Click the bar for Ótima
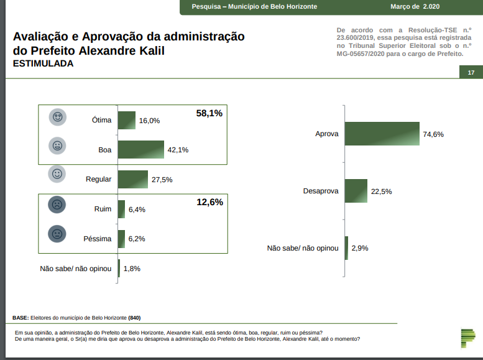[126, 120]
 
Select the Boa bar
[140, 149]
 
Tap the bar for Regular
[132, 179]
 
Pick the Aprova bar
[382, 134]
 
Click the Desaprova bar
[356, 191]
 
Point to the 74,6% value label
[434, 134]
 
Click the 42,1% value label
[178, 150]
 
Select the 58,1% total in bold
[209, 113]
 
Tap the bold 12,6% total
[209, 202]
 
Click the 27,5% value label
[162, 180]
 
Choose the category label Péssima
[97, 239]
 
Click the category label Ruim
[103, 210]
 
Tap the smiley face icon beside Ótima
[58, 118]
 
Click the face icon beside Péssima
[57, 234]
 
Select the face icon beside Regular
[57, 175]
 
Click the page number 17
[471, 73]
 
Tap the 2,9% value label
[360, 248]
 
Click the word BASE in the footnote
[20, 318]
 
